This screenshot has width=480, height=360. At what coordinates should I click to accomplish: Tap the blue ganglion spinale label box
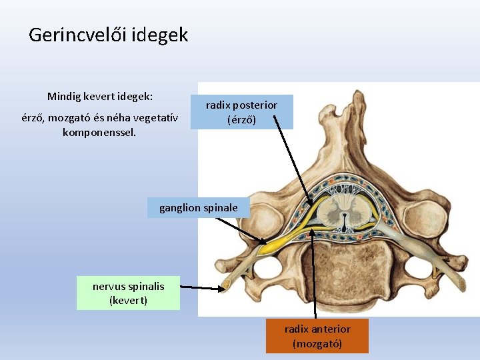click(198, 208)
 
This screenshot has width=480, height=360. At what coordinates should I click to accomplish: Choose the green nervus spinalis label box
click(128, 293)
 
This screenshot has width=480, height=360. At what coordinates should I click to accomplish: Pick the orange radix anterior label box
click(317, 336)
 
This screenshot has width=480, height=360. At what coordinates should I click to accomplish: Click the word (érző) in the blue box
click(241, 120)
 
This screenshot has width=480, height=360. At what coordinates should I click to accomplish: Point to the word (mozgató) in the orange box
click(317, 344)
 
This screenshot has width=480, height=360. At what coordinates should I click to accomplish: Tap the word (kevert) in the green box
click(128, 301)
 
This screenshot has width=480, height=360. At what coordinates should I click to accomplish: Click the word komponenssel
click(99, 132)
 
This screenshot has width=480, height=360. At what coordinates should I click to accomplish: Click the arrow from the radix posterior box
click(293, 164)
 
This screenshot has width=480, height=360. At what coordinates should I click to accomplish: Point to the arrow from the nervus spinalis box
click(203, 288)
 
